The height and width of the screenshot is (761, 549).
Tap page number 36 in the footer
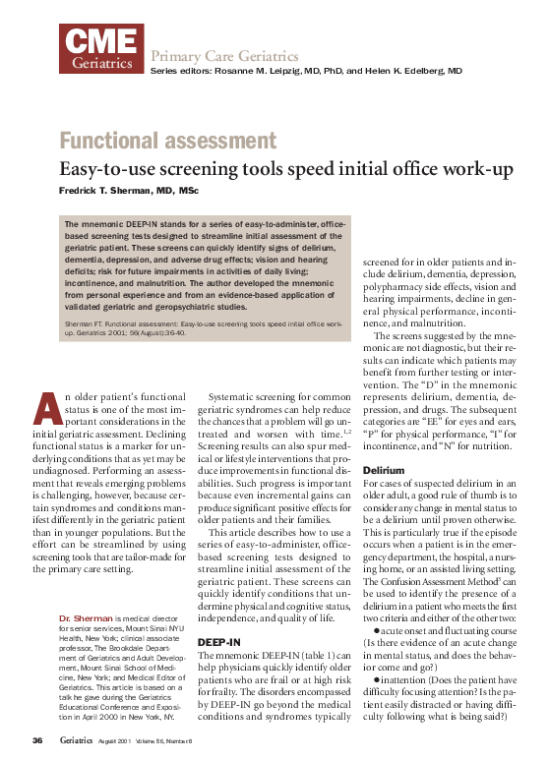click(36, 739)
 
